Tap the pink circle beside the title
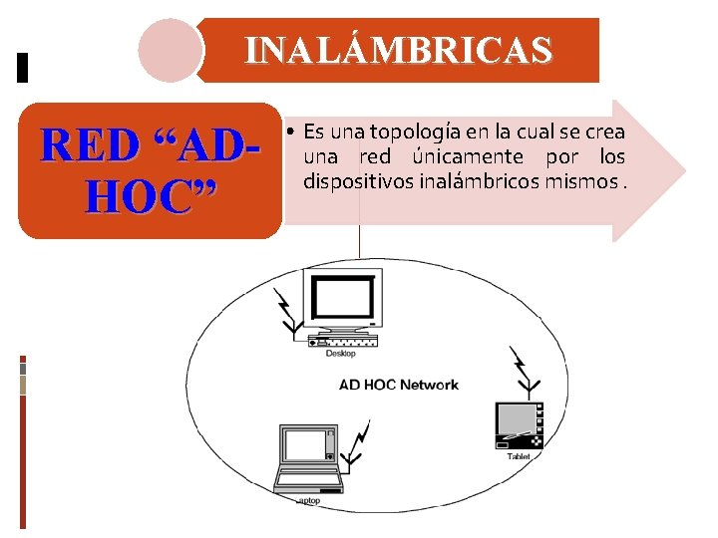[170, 50]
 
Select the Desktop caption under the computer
[340, 354]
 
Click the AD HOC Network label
[399, 385]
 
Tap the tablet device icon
[519, 424]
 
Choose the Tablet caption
[519, 456]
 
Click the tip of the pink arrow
[684, 169]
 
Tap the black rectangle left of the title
[24, 67]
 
